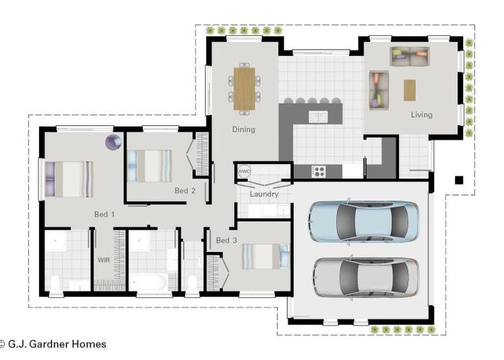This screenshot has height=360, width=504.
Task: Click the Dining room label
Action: (243, 130)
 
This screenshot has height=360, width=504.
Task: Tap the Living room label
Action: (421, 114)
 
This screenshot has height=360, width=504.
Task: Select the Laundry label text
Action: (264, 194)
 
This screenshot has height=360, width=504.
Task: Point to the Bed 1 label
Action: (104, 215)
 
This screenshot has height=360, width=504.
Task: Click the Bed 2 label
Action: (185, 191)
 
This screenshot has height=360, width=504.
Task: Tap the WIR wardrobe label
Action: (104, 258)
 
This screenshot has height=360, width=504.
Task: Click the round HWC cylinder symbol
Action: (244, 172)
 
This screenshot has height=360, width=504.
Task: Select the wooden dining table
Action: (245, 89)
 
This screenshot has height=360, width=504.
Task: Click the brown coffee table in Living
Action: (410, 90)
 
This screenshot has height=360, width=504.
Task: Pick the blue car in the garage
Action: (364, 221)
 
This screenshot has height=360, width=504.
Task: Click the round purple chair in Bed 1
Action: (113, 142)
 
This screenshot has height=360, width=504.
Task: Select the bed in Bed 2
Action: (149, 166)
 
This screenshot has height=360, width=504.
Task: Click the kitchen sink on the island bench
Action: (318, 116)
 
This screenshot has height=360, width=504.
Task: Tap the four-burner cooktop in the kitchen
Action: (318, 171)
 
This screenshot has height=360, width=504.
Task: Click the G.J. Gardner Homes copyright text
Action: (53, 344)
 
